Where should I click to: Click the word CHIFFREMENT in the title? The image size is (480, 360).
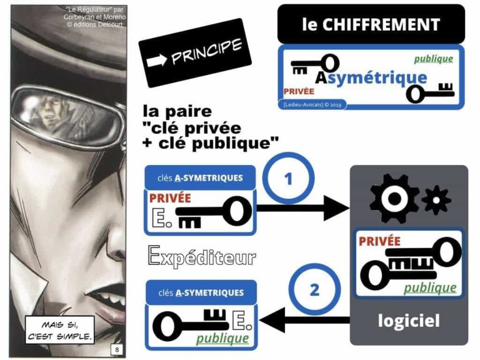(x=381, y=24)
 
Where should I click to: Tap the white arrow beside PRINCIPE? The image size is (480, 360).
(x=157, y=60)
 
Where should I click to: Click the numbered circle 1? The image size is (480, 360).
(x=288, y=178)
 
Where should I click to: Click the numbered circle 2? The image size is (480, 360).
(x=314, y=289)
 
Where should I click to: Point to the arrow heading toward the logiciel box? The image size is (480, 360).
(x=302, y=208)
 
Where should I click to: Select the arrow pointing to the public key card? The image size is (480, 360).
(x=304, y=320)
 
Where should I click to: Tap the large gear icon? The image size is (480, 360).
(x=394, y=199)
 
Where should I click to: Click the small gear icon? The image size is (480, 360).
(x=436, y=200)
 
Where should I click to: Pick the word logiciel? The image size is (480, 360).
(x=409, y=321)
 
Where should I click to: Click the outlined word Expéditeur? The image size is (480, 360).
(x=202, y=256)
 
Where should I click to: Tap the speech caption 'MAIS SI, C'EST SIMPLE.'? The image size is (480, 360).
(x=60, y=330)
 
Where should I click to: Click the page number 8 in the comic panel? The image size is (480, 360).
(x=117, y=349)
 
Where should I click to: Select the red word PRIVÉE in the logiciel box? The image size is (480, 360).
(x=379, y=241)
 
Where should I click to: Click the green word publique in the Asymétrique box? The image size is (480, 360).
(x=434, y=59)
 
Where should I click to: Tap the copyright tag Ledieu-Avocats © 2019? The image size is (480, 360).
(x=312, y=105)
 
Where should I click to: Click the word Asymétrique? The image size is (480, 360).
(x=371, y=77)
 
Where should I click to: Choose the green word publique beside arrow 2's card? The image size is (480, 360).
(x=222, y=339)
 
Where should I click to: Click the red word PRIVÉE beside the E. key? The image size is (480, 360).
(x=170, y=198)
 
